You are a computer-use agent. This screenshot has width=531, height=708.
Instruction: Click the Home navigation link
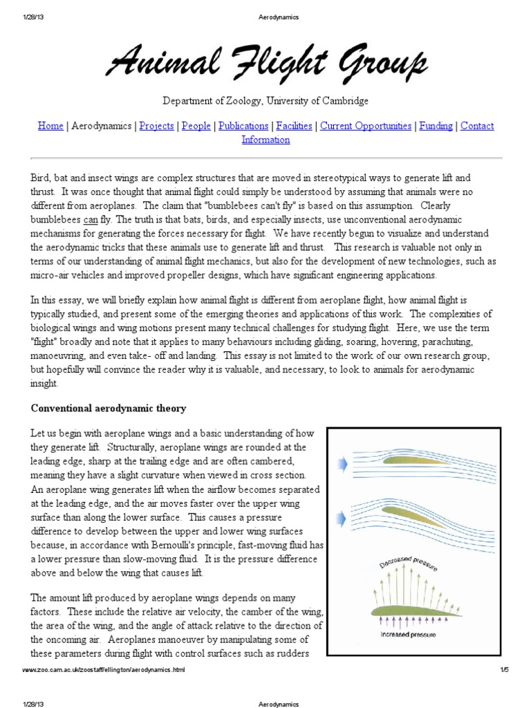[x=50, y=126]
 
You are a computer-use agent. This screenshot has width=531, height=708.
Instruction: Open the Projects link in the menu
[x=156, y=126]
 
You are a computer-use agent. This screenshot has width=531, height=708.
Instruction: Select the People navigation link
[x=196, y=126]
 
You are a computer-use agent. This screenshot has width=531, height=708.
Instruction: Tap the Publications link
[x=243, y=126]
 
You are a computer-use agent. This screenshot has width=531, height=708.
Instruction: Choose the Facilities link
[x=294, y=126]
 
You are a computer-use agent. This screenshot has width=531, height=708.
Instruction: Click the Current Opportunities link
[x=366, y=126]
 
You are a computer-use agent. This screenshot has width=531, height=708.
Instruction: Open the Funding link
[x=436, y=126]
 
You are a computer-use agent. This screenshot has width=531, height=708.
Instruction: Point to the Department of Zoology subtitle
[x=265, y=101]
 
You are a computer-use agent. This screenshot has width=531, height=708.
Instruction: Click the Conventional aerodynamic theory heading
[x=109, y=409]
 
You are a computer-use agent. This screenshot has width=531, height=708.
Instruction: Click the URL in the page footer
[x=104, y=671]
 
